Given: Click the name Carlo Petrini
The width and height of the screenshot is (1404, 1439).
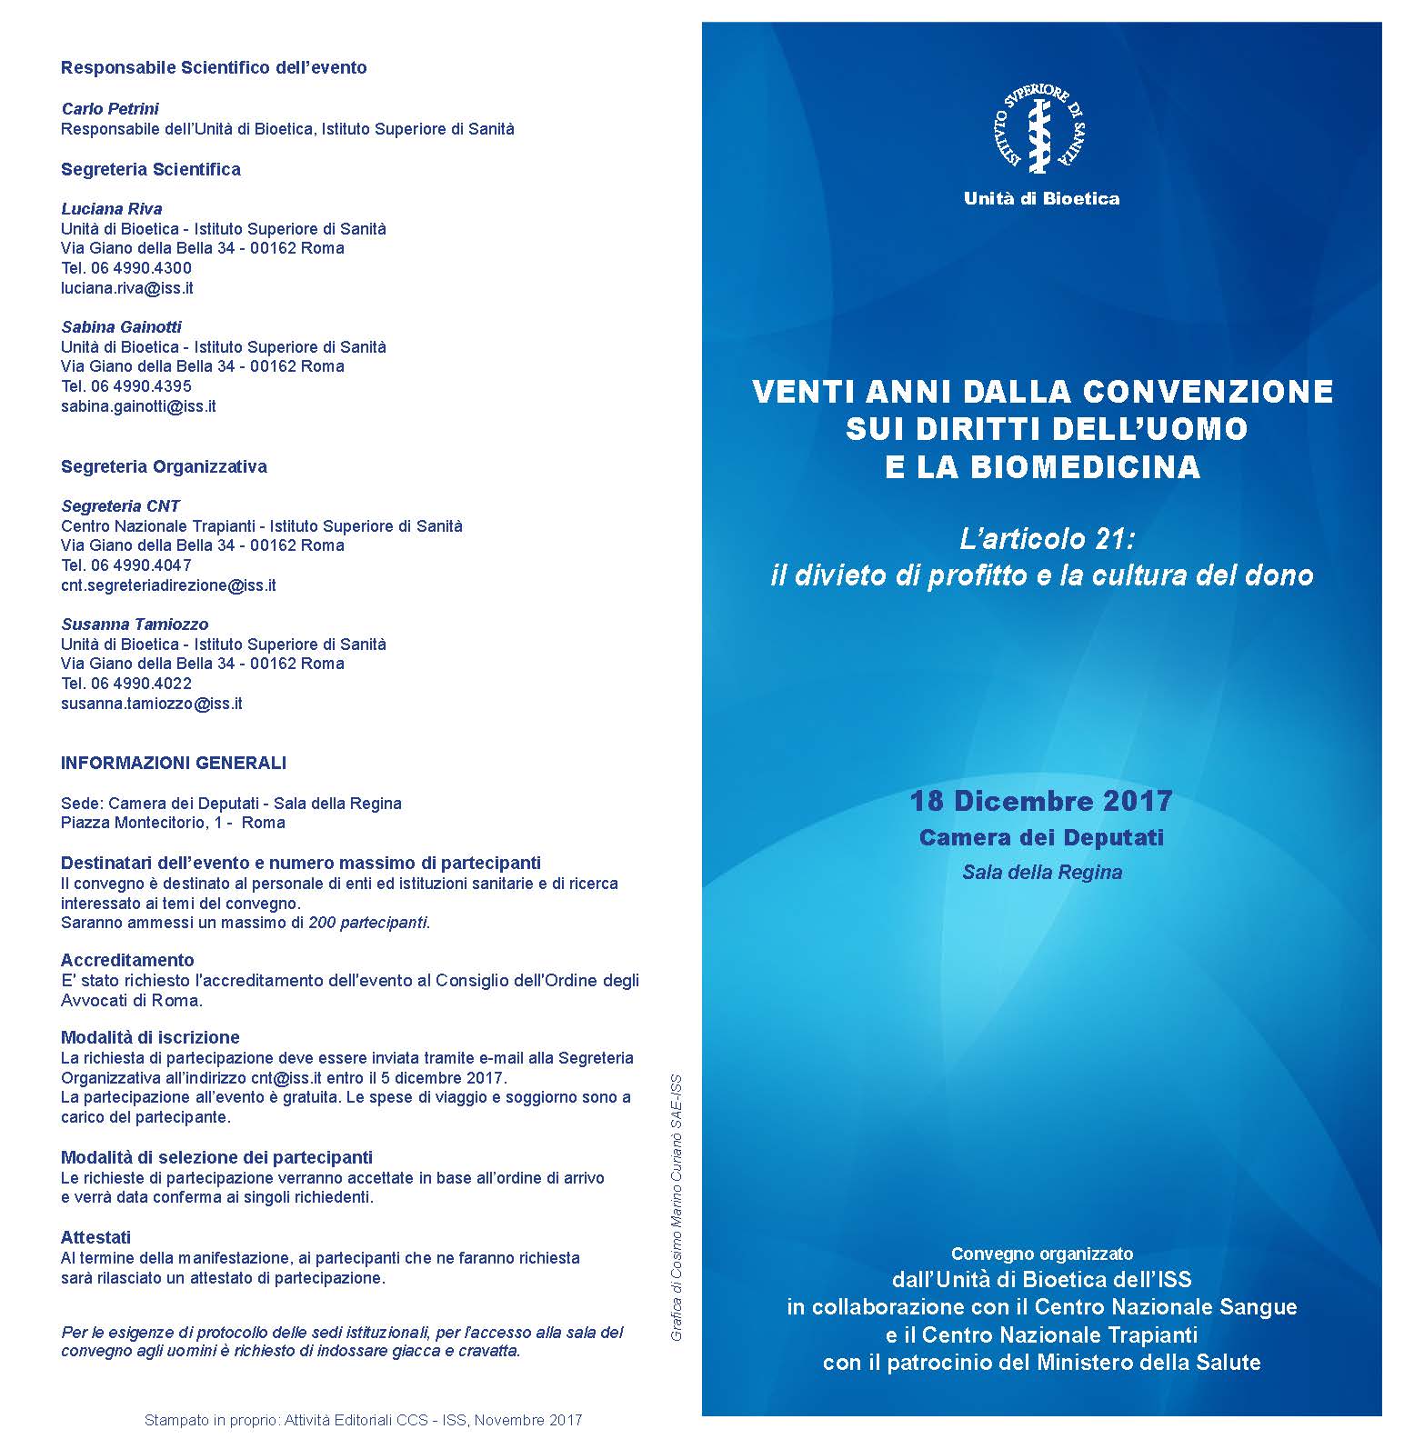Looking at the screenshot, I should click(x=110, y=109).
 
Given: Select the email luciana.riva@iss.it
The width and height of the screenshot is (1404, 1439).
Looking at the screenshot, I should click(x=126, y=288).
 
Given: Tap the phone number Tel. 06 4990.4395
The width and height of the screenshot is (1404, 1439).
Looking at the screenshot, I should click(x=126, y=386).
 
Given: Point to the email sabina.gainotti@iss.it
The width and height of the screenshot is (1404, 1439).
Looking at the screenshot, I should click(x=138, y=406).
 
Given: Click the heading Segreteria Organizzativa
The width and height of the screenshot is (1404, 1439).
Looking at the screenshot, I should click(x=164, y=466).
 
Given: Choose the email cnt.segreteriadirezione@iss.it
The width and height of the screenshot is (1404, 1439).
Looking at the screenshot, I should click(x=168, y=585).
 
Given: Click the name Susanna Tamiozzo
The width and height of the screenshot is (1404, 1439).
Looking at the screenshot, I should click(x=135, y=625).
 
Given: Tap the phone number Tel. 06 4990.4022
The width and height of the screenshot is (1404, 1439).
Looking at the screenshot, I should click(x=126, y=684).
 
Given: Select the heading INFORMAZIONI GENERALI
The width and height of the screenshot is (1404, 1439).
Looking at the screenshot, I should click(x=174, y=763).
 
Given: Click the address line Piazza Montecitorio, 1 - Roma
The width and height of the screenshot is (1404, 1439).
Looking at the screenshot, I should click(x=173, y=823).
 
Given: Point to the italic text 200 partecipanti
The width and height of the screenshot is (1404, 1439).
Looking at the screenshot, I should click(x=368, y=923).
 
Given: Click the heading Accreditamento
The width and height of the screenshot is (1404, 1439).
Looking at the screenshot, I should click(x=127, y=960).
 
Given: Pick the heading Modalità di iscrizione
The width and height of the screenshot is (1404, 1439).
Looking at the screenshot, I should click(x=150, y=1037).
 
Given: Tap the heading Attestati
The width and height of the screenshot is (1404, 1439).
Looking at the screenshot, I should click(x=95, y=1237).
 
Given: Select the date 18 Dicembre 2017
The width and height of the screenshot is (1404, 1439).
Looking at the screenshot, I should click(x=1041, y=801).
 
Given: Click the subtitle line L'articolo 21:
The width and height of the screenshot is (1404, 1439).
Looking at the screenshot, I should click(x=1048, y=539).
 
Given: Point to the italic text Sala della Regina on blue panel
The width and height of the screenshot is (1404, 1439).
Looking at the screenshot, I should click(x=1042, y=873).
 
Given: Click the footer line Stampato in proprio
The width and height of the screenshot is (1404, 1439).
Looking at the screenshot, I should click(x=363, y=1420).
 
